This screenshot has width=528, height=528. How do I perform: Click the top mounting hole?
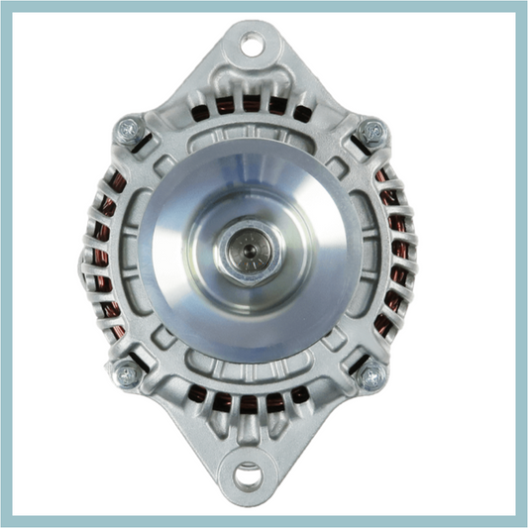252,44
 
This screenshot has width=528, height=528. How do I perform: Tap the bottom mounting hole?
249,474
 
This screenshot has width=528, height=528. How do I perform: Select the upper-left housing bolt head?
129,129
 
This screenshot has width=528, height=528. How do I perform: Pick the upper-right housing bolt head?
371,130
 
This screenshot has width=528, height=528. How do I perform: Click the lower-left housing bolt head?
127,374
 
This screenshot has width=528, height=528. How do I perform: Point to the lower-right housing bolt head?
371,374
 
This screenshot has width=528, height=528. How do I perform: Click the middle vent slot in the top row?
251,103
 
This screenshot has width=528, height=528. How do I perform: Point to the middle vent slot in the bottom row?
249,403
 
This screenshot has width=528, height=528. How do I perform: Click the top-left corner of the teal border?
4,4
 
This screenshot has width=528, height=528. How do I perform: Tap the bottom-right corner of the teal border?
523,523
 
